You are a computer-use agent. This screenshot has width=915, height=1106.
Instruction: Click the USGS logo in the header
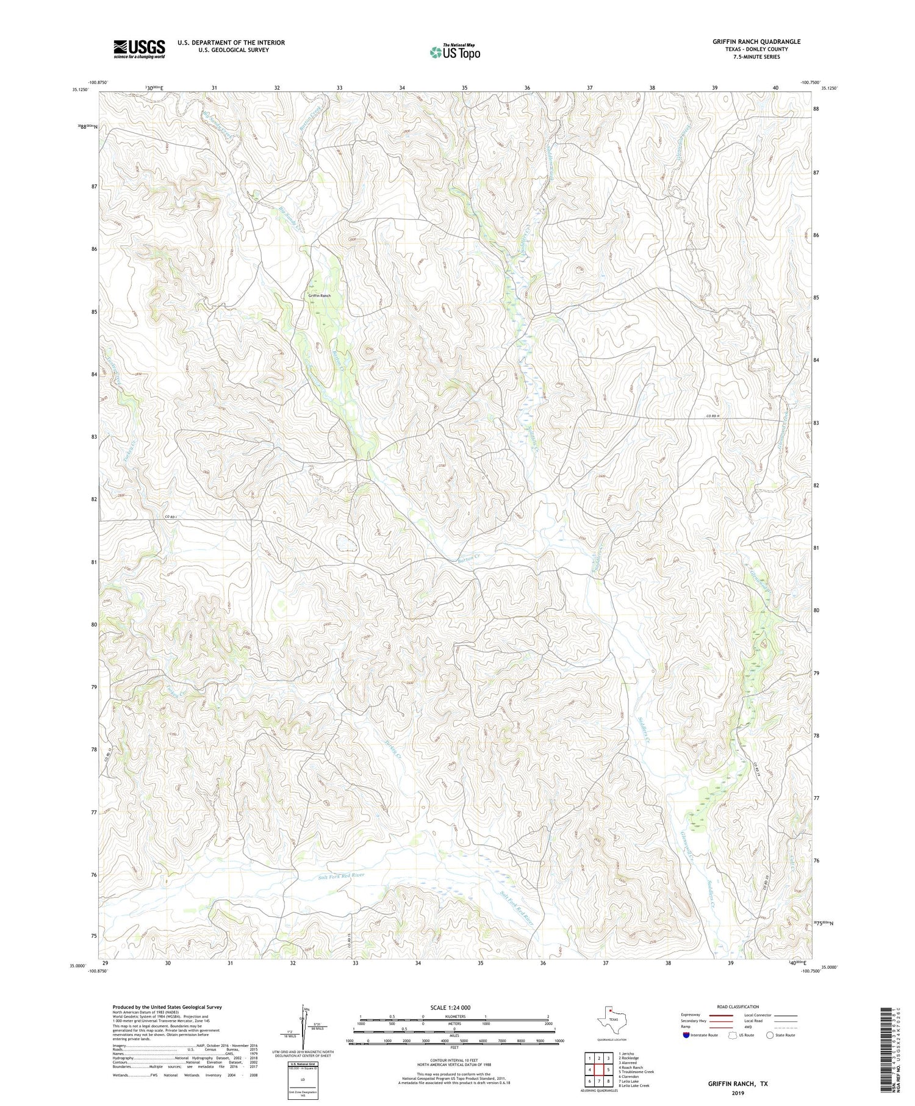click(139, 49)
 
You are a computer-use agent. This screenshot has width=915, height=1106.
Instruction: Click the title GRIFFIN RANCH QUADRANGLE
click(756, 41)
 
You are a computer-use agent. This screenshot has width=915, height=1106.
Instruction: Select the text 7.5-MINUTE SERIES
click(756, 57)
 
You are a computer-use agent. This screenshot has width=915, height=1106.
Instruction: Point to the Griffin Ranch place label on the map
click(319, 295)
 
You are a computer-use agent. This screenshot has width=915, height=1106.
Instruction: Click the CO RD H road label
click(713, 416)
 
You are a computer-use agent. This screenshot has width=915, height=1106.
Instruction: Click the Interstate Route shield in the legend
click(686, 1035)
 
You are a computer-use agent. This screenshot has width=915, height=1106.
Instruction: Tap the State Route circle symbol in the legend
click(770, 1035)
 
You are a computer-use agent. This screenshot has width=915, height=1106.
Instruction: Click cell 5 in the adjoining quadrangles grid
click(608, 1069)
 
